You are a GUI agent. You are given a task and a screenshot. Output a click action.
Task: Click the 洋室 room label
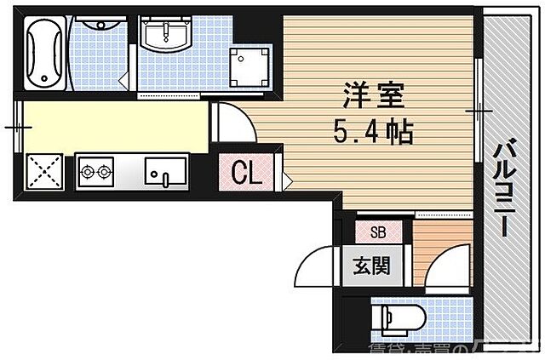click(x=369, y=94)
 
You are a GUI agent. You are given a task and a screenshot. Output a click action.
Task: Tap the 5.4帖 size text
click(x=373, y=132)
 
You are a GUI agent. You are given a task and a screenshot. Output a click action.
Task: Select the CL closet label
click(x=247, y=174)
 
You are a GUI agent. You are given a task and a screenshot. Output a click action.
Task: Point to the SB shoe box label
click(x=377, y=231)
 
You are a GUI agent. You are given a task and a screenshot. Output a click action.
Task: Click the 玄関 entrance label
click(x=371, y=266)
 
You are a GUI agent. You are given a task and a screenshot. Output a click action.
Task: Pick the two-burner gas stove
click(x=95, y=173)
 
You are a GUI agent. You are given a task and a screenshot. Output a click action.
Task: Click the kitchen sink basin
click(x=164, y=172)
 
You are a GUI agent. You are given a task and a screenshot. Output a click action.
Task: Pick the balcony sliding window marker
click(x=478, y=111)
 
